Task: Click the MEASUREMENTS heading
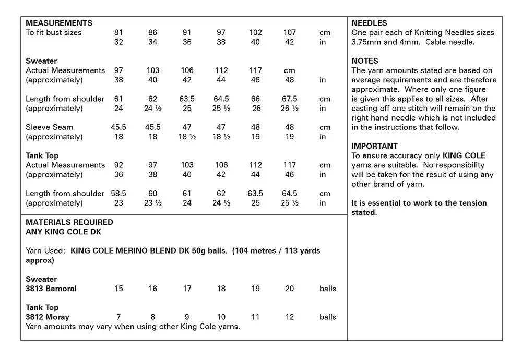pos(59,23)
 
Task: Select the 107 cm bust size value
pos(290,32)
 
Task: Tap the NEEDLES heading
pos(369,23)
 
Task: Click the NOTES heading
pos(365,61)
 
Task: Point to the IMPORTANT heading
pos(374,146)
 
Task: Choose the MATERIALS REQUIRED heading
pos(69,222)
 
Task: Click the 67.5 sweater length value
pos(290,99)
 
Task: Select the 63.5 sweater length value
pos(187,99)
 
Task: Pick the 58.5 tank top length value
pos(118,194)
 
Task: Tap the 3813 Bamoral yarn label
pos(51,289)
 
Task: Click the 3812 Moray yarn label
pos(48,317)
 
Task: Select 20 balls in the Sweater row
pos(290,289)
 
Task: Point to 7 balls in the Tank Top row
pos(118,317)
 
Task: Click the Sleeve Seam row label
pos(50,127)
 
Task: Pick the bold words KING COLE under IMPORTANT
pos(464,155)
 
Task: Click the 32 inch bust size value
pos(118,42)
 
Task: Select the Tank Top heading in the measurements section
pos(42,155)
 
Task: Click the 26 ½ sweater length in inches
pos(290,109)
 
